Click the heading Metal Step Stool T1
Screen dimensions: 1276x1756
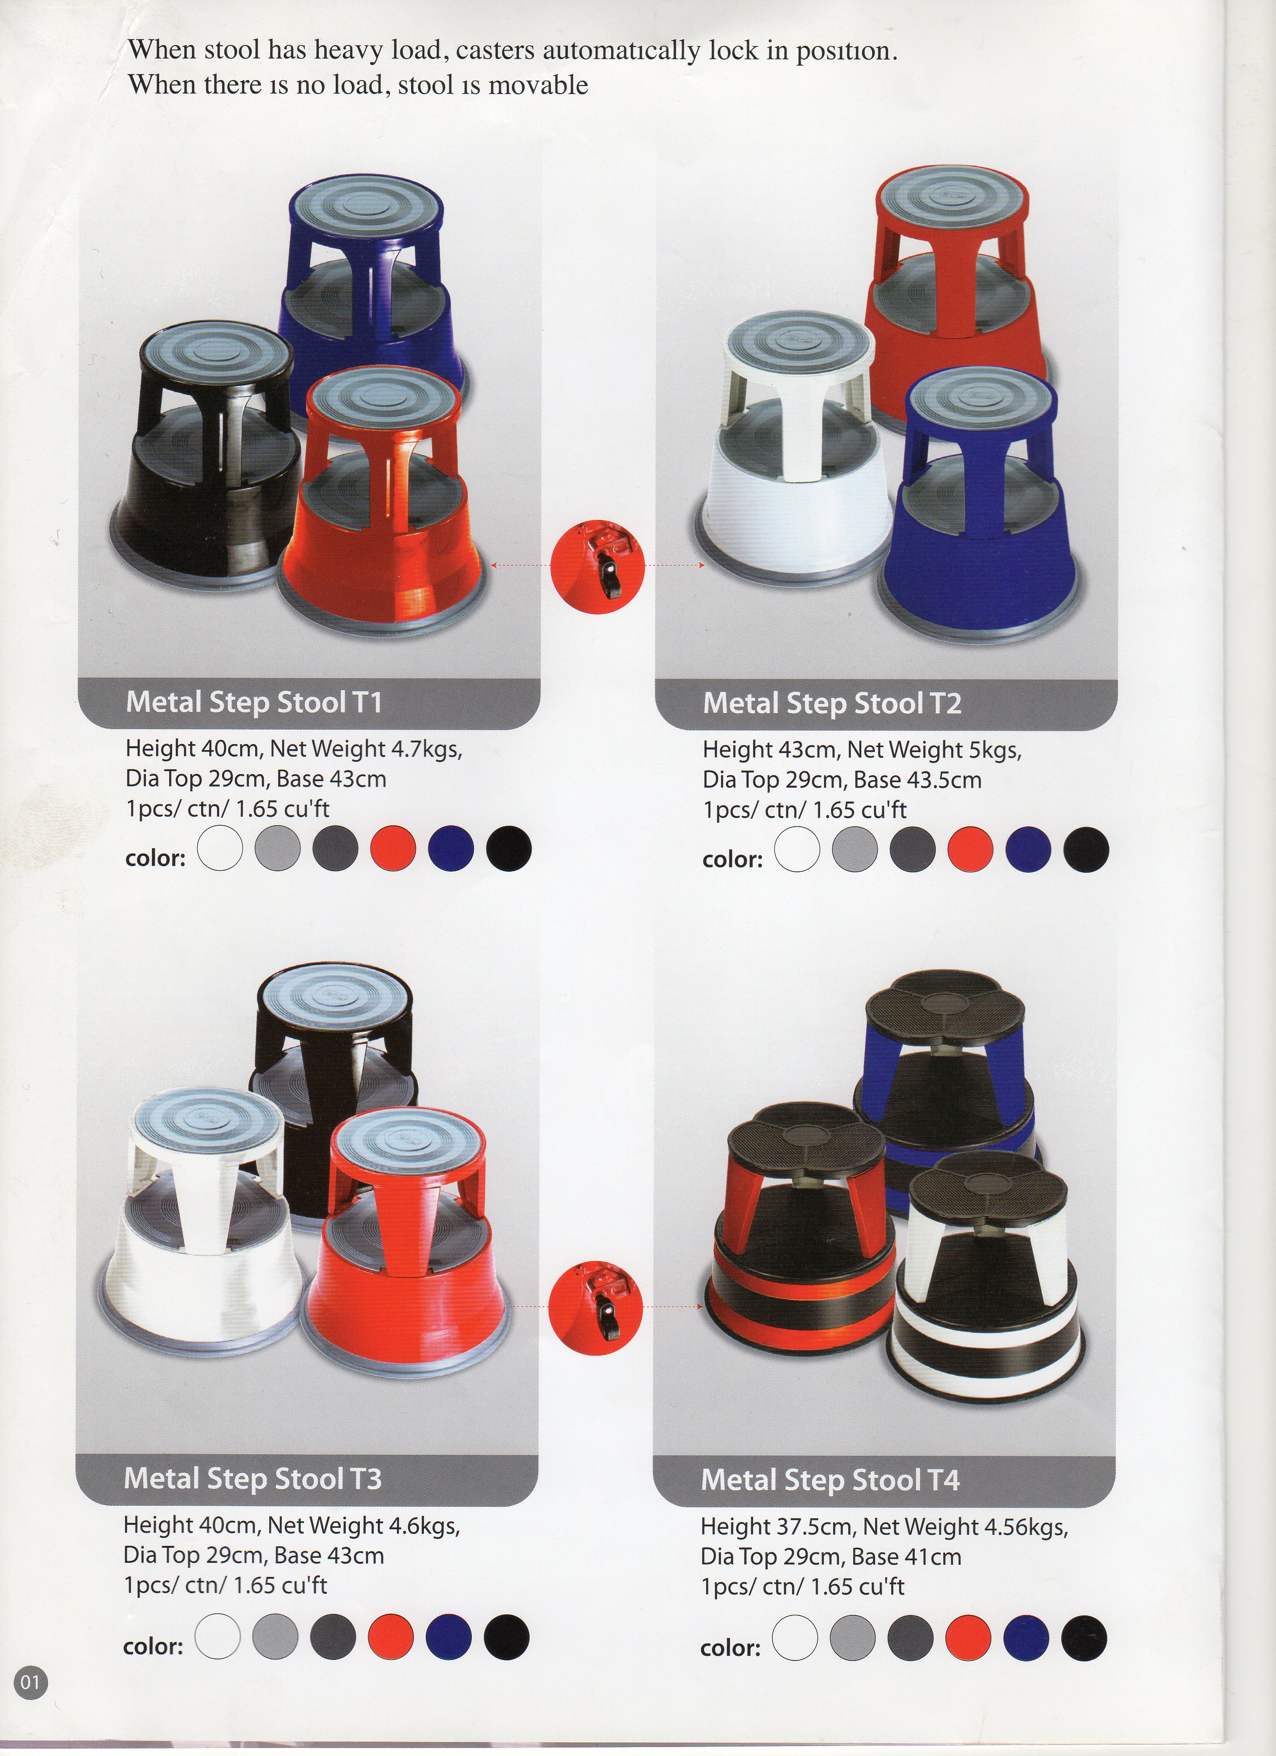[254, 702]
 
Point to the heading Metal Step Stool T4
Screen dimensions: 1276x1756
[830, 1480]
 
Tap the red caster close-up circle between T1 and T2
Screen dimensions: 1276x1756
[597, 566]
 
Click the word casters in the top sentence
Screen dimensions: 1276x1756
[495, 51]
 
